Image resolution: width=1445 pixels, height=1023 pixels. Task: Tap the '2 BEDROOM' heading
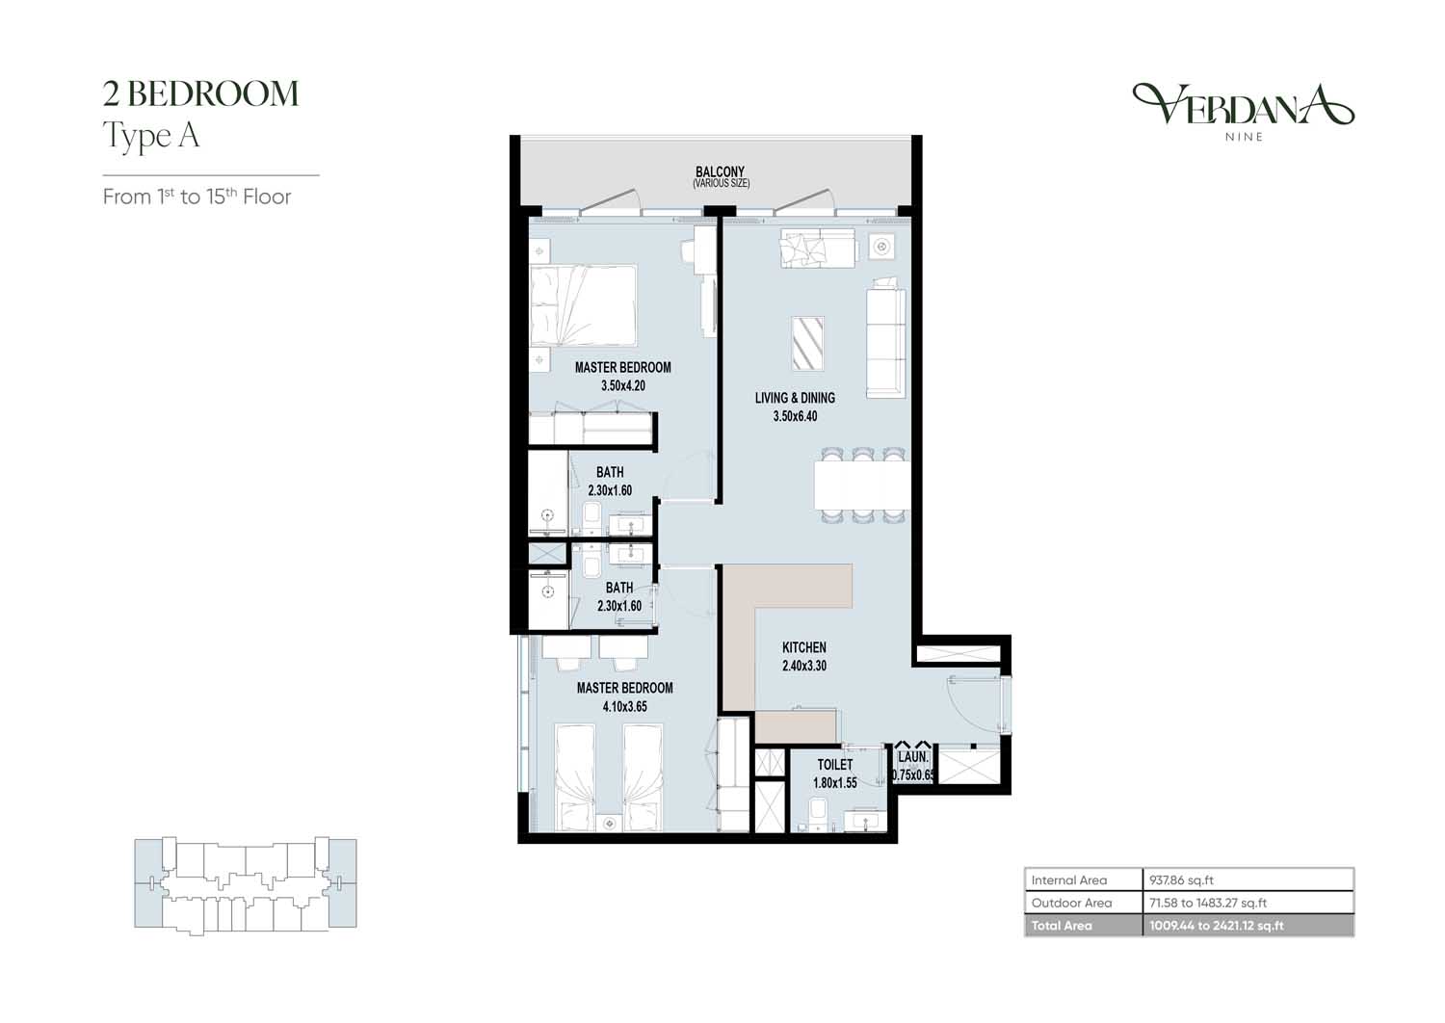[x=200, y=93]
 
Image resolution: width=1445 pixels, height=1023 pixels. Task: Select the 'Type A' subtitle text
[x=151, y=136]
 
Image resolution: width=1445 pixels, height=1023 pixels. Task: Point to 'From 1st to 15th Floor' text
[x=197, y=197]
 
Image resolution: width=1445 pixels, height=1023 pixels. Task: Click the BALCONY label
[x=720, y=171]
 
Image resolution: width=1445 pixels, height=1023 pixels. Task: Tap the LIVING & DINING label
[x=795, y=398]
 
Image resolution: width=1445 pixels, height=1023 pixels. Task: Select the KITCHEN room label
[x=803, y=647]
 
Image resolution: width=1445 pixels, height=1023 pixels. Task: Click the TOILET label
[x=835, y=764]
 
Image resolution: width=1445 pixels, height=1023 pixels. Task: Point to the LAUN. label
[x=913, y=756]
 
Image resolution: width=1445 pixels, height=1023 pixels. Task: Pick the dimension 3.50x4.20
[x=623, y=385]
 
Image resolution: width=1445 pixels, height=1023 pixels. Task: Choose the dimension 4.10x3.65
[x=624, y=706]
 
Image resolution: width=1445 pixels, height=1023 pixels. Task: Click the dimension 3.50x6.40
[x=795, y=416]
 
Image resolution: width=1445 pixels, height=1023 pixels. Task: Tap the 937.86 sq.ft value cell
[x=1248, y=879]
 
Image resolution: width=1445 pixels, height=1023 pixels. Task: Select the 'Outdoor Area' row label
[x=1071, y=903]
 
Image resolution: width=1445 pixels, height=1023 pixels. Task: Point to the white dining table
[x=862, y=485]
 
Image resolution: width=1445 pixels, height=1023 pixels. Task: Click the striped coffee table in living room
[x=807, y=344]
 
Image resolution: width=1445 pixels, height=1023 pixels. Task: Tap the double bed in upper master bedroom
[x=583, y=305]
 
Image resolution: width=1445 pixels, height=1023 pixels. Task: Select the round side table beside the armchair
[x=881, y=246]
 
